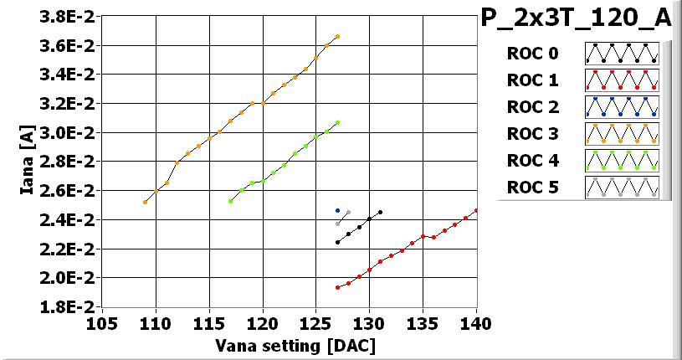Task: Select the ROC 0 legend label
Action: tap(532, 54)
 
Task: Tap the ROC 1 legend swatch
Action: tap(622, 80)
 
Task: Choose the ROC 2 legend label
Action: tap(532, 107)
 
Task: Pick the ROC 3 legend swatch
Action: tap(622, 134)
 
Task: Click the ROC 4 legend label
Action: tap(532, 161)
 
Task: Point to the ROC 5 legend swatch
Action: tap(622, 187)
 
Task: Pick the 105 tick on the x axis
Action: tap(102, 324)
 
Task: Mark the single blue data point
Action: tap(337, 211)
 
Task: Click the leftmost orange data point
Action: tap(145, 202)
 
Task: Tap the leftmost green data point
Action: tap(230, 201)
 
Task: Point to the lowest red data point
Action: tap(337, 287)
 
